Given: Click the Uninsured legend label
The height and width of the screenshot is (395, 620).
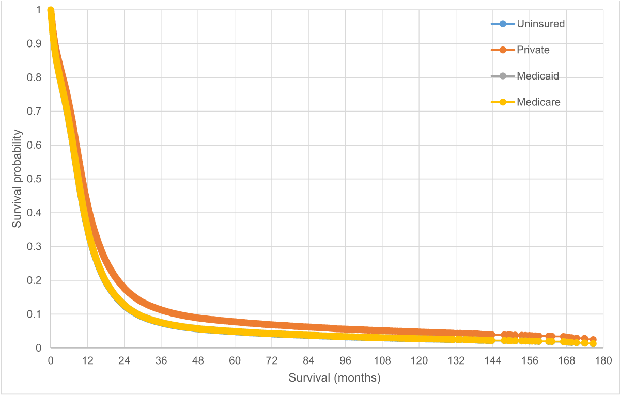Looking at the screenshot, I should coord(541,24).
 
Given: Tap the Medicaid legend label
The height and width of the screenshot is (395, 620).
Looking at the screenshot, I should coord(538,76).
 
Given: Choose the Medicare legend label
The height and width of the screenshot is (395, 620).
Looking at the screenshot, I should coord(538,102).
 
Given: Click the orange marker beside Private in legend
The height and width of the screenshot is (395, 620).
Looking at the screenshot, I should coord(503,50).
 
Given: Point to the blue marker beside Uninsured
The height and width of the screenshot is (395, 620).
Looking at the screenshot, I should coord(503,24).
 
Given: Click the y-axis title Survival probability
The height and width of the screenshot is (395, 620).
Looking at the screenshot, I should coord(17,179).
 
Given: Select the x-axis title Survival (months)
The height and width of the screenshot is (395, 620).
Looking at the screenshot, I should coord(334,378).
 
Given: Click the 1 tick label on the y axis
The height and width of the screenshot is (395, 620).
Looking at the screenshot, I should coord(39,10).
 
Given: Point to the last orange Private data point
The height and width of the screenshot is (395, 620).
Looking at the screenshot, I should coord(593,340).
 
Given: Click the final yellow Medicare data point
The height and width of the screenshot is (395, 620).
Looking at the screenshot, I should coord(593,343).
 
